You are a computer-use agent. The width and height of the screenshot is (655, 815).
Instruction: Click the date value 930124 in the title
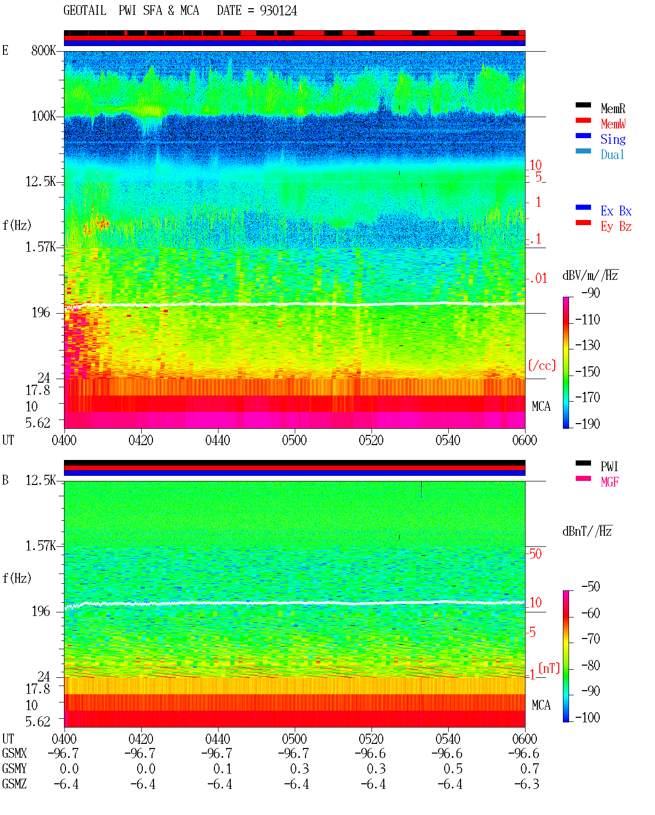pyautogui.click(x=278, y=11)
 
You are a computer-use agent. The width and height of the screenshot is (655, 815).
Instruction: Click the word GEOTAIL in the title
pyautogui.click(x=85, y=11)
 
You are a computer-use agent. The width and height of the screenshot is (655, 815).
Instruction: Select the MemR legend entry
pyautogui.click(x=613, y=108)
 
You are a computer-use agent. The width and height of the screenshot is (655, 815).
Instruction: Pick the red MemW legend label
pyautogui.click(x=613, y=124)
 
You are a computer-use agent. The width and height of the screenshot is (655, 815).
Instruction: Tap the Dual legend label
pyautogui.click(x=612, y=155)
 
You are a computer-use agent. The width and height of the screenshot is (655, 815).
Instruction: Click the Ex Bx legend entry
pyautogui.click(x=616, y=211)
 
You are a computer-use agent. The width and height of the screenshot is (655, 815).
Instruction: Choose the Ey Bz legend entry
pyautogui.click(x=616, y=227)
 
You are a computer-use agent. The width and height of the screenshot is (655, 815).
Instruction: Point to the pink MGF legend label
pyautogui.click(x=609, y=482)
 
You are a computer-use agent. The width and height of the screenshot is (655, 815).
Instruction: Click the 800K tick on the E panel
pyautogui.click(x=43, y=50)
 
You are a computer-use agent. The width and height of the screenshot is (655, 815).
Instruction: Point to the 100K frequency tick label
pyautogui.click(x=43, y=116)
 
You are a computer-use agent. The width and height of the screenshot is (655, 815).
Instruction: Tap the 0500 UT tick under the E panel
pyautogui.click(x=294, y=440)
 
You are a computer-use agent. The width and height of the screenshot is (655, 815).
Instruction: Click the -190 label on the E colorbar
pyautogui.click(x=587, y=424)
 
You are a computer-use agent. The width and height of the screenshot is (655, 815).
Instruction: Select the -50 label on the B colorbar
pyautogui.click(x=591, y=587)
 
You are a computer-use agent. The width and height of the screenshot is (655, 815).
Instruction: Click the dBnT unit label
pyautogui.click(x=587, y=532)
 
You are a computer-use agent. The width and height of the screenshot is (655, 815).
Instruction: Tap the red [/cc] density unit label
pyautogui.click(x=542, y=365)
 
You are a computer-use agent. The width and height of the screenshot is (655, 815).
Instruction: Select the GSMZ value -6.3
pyautogui.click(x=527, y=784)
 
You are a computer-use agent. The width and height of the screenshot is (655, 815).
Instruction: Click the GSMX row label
pyautogui.click(x=14, y=753)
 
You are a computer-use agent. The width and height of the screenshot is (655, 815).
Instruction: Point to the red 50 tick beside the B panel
pyautogui.click(x=535, y=554)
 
